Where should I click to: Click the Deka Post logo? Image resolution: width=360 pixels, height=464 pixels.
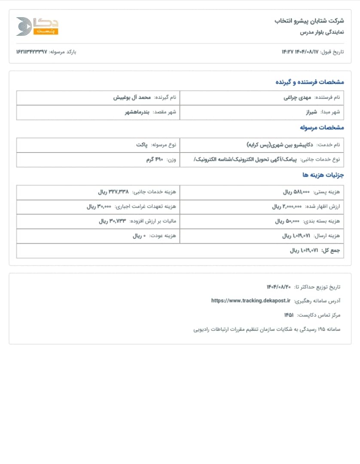point(37,26)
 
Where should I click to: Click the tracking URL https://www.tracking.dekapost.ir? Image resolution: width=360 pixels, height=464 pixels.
point(251,301)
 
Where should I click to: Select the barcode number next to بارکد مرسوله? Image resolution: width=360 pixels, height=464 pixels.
point(31,52)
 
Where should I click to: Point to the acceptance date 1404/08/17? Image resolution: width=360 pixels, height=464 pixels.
point(307,52)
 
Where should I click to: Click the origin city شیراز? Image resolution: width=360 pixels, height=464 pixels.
point(310,112)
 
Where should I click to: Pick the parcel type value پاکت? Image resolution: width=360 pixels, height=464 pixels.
point(142,145)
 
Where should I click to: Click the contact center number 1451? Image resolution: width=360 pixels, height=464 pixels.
point(289,315)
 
